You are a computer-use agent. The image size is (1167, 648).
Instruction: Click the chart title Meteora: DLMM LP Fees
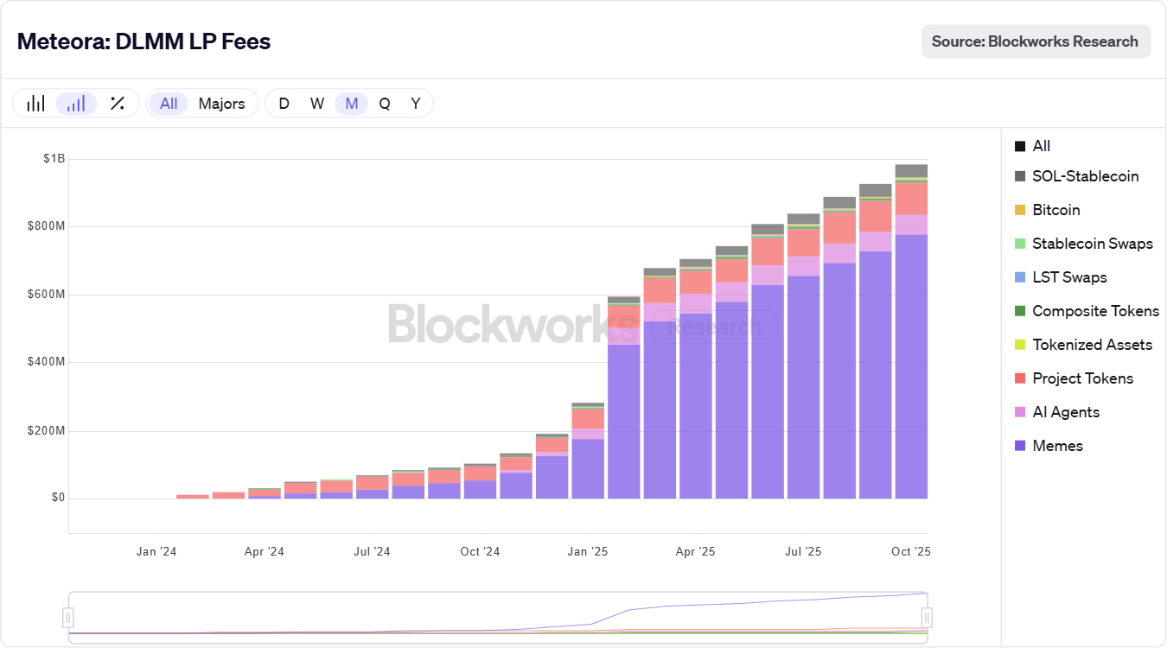143,41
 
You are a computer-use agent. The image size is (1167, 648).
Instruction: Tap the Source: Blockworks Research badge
1036,41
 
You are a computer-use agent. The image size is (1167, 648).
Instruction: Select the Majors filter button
221,104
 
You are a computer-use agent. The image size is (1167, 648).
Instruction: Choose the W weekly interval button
317,104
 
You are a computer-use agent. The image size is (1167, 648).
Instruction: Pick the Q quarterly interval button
385,104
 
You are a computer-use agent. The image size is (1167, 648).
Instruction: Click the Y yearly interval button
416,104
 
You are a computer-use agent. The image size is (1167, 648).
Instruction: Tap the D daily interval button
284,104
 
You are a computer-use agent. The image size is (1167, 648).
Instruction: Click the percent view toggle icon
118,104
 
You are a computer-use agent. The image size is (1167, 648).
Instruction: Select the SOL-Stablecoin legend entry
1085,176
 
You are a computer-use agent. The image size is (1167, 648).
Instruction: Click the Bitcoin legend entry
1055,210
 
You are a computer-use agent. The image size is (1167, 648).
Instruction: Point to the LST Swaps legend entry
1069,277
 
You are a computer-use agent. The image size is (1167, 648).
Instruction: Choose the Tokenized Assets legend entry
1092,345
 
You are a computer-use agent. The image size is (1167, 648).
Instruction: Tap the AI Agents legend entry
1066,412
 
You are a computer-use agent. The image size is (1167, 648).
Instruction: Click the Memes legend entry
1057,446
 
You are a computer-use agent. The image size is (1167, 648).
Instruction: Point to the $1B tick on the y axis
54,159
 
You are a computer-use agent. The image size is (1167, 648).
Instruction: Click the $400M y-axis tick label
49,362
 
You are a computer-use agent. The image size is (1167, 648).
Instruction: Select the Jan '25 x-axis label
589,551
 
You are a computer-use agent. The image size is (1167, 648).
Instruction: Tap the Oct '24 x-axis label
480,551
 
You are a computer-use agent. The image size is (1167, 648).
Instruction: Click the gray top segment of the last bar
911,170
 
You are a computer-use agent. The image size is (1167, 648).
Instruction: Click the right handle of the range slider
927,617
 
